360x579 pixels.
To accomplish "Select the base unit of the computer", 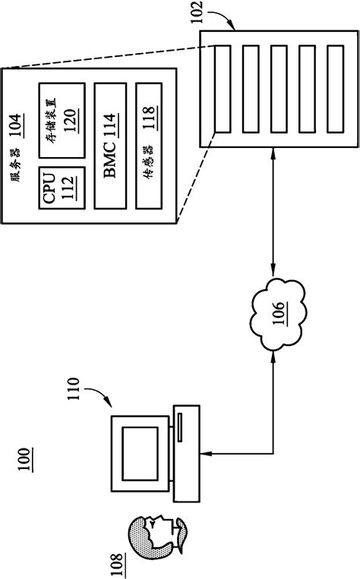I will coord(187,454).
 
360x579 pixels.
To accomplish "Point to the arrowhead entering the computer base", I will coord(207,455).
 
